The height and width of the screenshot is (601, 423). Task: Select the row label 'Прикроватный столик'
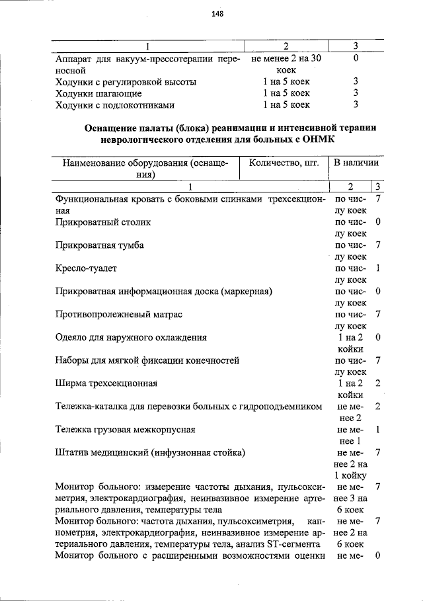102,222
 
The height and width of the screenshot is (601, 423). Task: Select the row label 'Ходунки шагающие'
99,93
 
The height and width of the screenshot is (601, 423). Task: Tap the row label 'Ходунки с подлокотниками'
115,104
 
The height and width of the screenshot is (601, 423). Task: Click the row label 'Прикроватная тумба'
100,245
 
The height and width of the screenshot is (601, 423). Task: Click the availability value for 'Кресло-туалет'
377,268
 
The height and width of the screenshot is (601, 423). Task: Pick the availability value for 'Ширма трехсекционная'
377,383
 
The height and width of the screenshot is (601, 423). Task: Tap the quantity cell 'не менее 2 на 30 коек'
286,63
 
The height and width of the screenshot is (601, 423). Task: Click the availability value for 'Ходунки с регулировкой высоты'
356,82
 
